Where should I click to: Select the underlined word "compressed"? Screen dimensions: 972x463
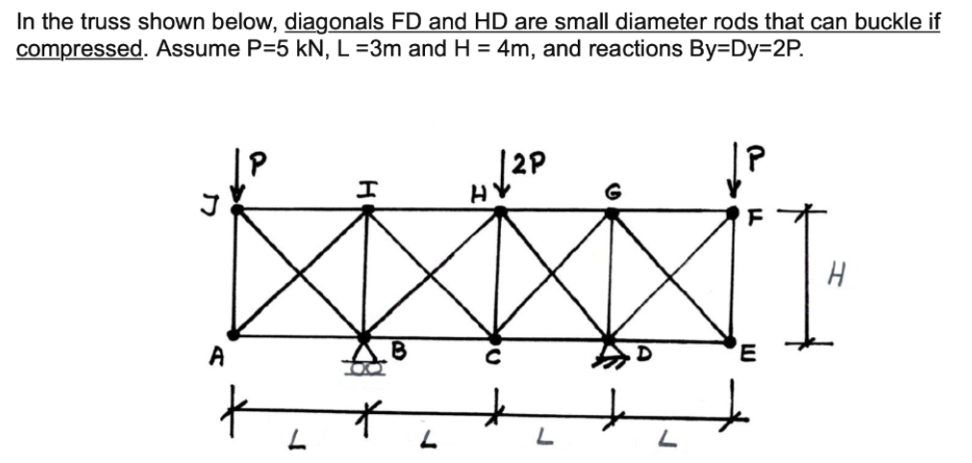click(x=78, y=47)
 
